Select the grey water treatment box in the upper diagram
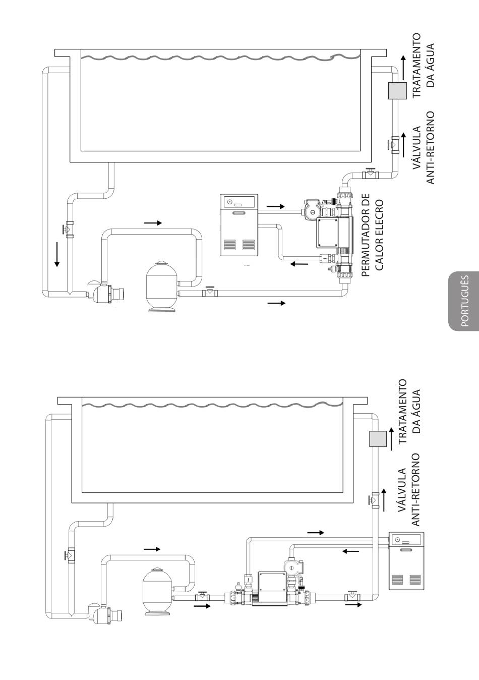click(397, 90)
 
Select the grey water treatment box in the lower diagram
click(378, 439)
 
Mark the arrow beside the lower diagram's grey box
click(391, 439)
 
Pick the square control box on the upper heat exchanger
click(327, 233)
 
